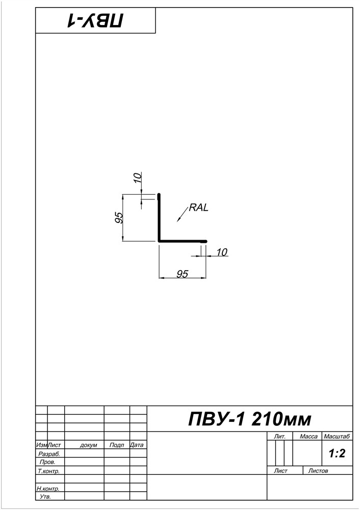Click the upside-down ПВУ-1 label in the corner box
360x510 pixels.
(95, 20)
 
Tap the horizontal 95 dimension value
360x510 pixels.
(183, 274)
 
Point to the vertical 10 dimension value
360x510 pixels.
(138, 178)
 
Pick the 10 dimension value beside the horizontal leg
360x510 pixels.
(221, 252)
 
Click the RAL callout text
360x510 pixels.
(198, 208)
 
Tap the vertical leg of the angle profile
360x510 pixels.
(159, 218)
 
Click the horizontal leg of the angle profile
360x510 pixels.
(183, 241)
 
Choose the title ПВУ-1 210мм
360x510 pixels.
(250, 419)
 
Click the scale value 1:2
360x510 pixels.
(337, 453)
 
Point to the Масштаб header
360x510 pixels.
(337, 437)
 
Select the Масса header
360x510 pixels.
(308, 437)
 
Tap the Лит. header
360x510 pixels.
(279, 437)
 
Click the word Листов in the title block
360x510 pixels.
(318, 471)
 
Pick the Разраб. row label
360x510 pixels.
(49, 454)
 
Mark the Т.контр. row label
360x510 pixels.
(49, 471)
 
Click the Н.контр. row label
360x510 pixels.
(48, 489)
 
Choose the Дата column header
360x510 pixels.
(137, 445)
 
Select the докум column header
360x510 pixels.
(88, 445)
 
